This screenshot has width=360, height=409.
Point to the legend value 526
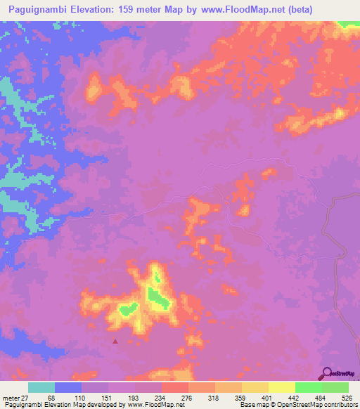click(x=345, y=398)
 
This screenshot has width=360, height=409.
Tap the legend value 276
click(x=186, y=398)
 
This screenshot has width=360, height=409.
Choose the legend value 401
click(x=266, y=398)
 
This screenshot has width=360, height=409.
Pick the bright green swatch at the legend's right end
click(x=335, y=387)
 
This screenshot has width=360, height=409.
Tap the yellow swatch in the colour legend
click(x=281, y=387)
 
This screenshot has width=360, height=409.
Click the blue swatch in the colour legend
click(x=68, y=387)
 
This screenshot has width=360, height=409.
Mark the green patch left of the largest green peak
click(x=127, y=309)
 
